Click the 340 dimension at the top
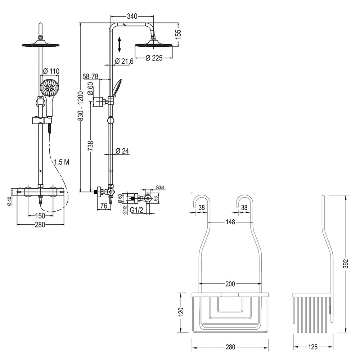coord(132,16)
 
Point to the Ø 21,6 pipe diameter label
coord(124,62)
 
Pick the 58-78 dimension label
coord(90,76)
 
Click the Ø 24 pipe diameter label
coord(122,152)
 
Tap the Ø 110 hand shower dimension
coord(51,71)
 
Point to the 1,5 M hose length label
coord(62,162)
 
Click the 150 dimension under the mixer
coord(40,216)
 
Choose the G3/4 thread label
coord(160,188)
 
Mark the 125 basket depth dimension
coord(313,347)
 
